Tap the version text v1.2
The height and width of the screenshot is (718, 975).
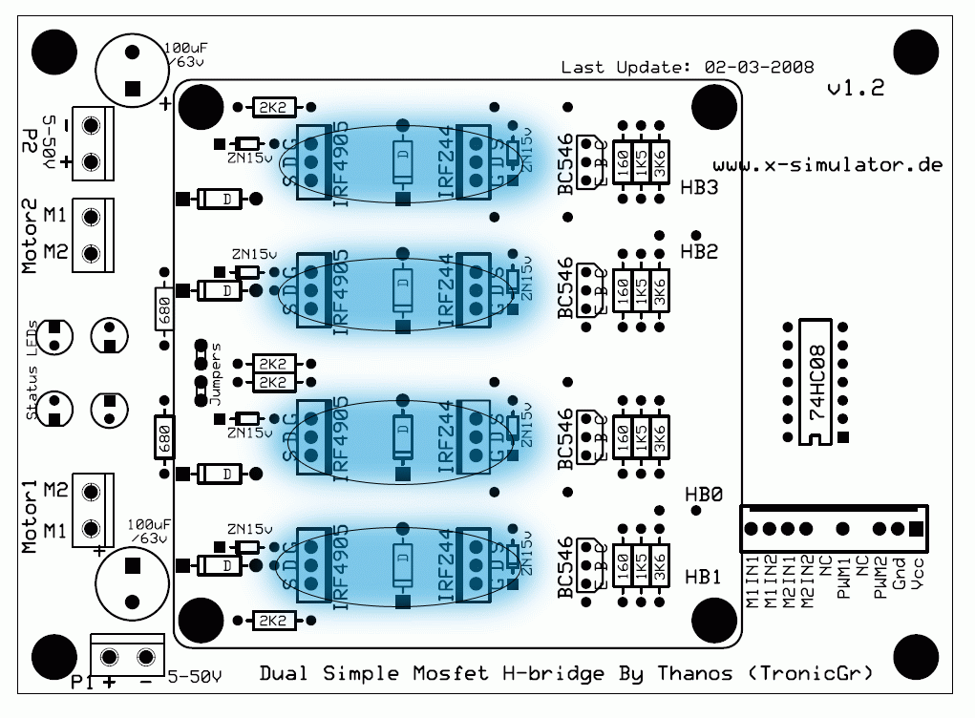[855, 89]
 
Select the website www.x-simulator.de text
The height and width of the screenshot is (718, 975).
[828, 164]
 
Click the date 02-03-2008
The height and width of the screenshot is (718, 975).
[758, 67]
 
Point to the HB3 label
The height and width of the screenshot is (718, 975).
[700, 188]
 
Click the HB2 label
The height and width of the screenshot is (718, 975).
[700, 251]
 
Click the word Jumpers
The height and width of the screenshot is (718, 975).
[216, 374]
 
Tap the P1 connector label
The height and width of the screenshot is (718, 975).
[82, 682]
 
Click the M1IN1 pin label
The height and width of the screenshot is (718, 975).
[752, 578]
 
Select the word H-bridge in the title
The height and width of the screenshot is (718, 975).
[553, 674]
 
